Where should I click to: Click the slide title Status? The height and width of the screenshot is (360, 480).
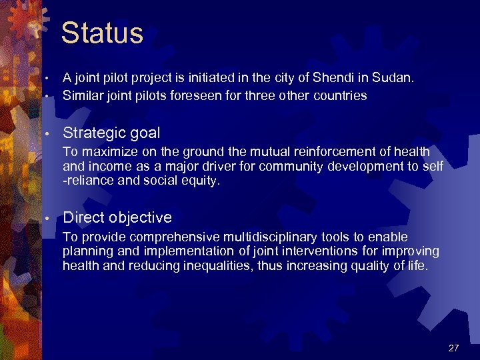tap(102, 33)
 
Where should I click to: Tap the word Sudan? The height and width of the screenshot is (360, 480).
tap(396, 78)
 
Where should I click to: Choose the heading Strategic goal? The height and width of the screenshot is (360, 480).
tap(111, 133)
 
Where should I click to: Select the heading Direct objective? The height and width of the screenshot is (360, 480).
tap(117, 217)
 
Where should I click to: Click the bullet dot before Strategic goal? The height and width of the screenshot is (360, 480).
tap(48, 134)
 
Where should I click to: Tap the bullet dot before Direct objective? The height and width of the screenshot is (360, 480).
tap(48, 218)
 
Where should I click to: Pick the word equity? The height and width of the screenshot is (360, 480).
tap(200, 181)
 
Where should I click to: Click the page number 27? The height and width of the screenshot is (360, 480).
tap(454, 348)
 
